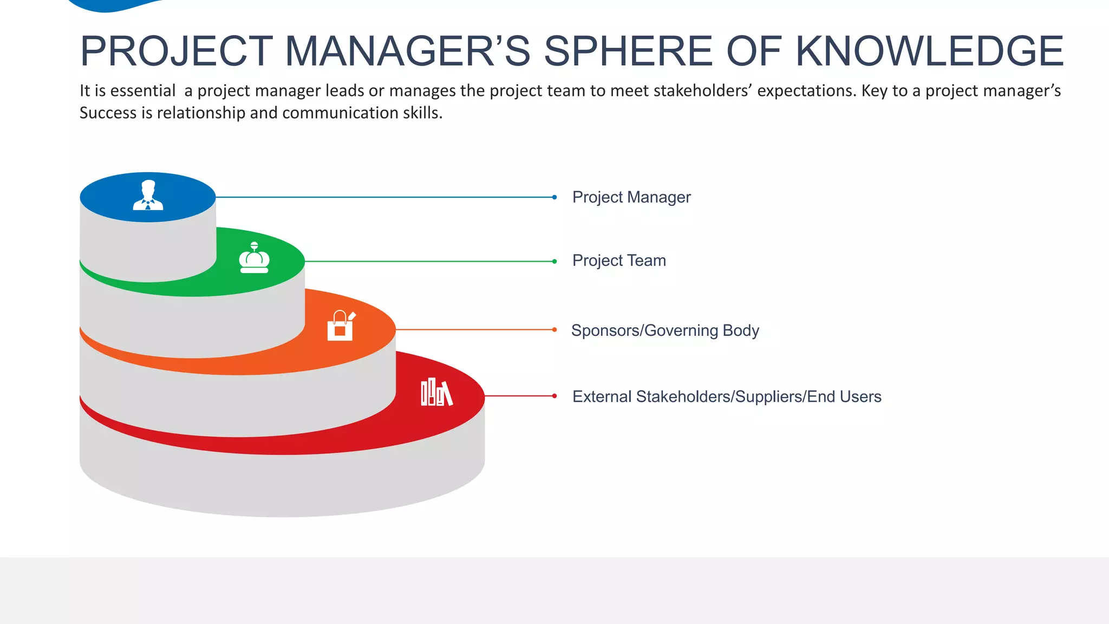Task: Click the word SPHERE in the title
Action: [628, 51]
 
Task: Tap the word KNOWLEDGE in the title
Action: [929, 51]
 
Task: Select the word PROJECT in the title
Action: [176, 51]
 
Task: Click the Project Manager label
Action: [631, 197]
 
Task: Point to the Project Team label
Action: [619, 261]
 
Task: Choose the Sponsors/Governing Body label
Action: [665, 330]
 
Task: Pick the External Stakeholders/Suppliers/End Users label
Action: [727, 396]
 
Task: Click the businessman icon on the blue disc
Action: [148, 196]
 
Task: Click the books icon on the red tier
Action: [436, 392]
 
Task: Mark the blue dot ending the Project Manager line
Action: [554, 197]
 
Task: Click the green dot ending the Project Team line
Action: [554, 261]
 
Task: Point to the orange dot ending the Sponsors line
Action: [554, 329]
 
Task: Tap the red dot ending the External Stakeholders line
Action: [554, 396]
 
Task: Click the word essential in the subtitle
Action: [143, 90]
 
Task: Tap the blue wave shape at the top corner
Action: [114, 5]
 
